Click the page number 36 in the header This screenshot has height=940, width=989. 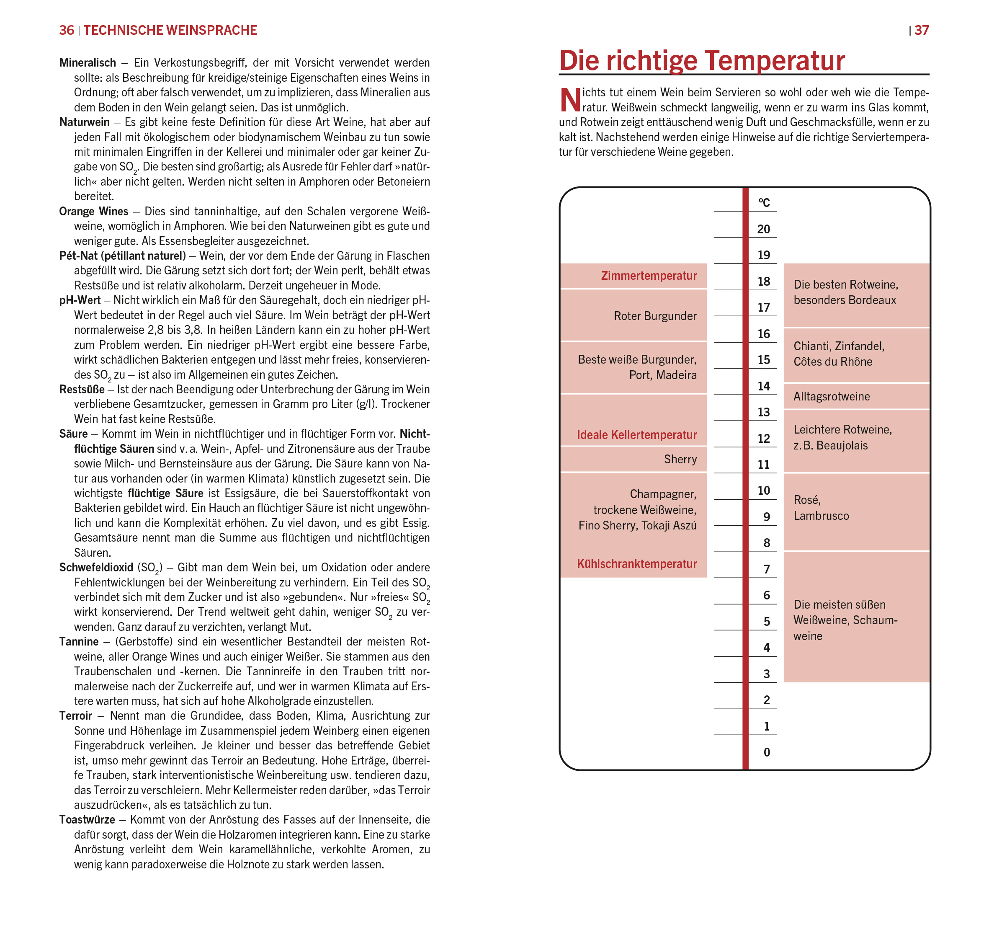click(66, 31)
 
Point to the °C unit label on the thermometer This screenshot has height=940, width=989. click(764, 202)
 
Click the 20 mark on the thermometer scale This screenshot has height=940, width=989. click(763, 229)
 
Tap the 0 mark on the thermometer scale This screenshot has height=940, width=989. click(766, 752)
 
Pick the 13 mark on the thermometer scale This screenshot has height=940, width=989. click(763, 412)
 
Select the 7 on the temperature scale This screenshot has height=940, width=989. click(766, 569)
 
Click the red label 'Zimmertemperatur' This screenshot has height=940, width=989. click(649, 276)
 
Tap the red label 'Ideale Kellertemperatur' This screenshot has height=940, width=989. click(636, 434)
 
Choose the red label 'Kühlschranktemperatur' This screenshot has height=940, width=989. click(636, 564)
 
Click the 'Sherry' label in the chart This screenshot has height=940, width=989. click(680, 459)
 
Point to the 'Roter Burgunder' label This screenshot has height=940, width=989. click(655, 316)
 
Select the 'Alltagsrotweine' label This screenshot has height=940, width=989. click(831, 396)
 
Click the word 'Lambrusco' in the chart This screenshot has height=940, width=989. click(821, 516)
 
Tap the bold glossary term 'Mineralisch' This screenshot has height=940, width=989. click(88, 63)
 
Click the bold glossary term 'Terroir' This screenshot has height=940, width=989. click(76, 715)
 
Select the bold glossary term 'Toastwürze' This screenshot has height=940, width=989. click(87, 819)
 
